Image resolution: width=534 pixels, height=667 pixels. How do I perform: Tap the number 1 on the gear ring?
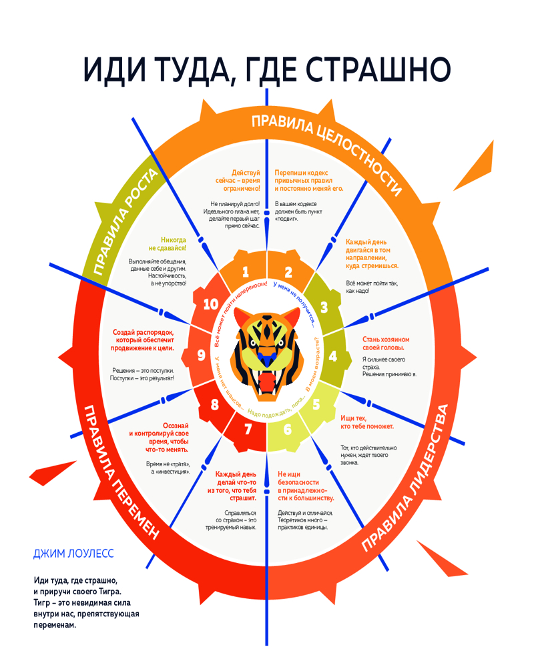pos(246,271)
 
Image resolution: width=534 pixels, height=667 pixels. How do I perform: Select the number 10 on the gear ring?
pos(211,304)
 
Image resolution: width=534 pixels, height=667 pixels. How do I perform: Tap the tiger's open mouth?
pos(267,384)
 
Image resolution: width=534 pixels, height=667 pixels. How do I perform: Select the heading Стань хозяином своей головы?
pos(385,343)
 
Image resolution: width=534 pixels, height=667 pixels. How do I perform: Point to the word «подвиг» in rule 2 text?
pos(288,219)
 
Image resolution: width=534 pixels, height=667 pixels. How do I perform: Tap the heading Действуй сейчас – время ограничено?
pos(236,180)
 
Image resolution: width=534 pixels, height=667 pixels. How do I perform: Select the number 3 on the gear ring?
pos(324,307)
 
